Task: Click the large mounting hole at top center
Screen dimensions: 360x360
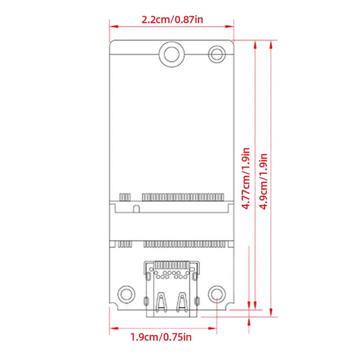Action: pyautogui.click(x=171, y=54)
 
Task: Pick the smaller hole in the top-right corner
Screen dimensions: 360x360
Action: pyautogui.click(x=217, y=54)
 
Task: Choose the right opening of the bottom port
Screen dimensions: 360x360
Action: pyautogui.click(x=181, y=302)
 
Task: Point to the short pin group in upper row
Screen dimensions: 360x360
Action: pyautogui.click(x=125, y=197)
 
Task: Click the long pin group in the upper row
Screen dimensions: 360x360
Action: pyautogui.click(x=183, y=197)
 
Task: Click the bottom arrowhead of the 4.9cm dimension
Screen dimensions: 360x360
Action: pyautogui.click(x=271, y=315)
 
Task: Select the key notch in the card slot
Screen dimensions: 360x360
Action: pyautogui.click(x=135, y=208)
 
